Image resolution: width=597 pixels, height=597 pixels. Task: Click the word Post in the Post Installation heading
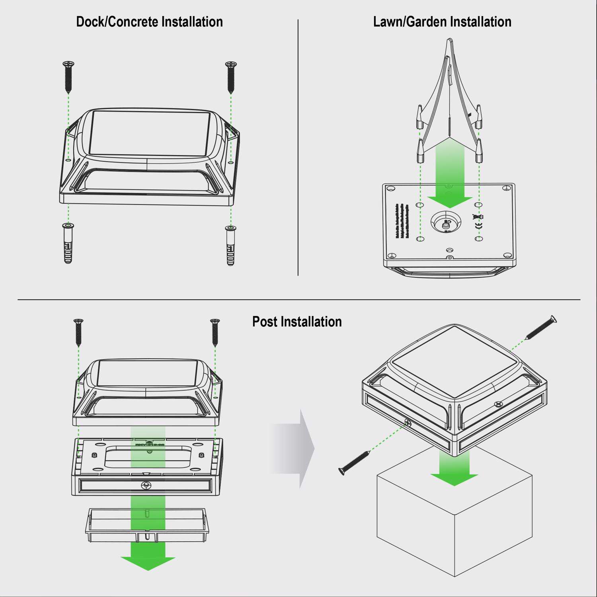coord(265,322)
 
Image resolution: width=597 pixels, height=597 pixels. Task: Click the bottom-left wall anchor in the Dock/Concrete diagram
coord(68,243)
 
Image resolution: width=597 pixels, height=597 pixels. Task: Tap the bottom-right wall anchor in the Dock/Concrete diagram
coord(230,245)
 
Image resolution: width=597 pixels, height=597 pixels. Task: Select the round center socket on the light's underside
coord(446,221)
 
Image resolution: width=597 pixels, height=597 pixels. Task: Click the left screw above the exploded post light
coord(78,332)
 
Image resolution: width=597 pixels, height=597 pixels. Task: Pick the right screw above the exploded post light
coord(215,332)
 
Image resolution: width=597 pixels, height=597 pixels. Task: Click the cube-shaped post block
coord(454,529)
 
